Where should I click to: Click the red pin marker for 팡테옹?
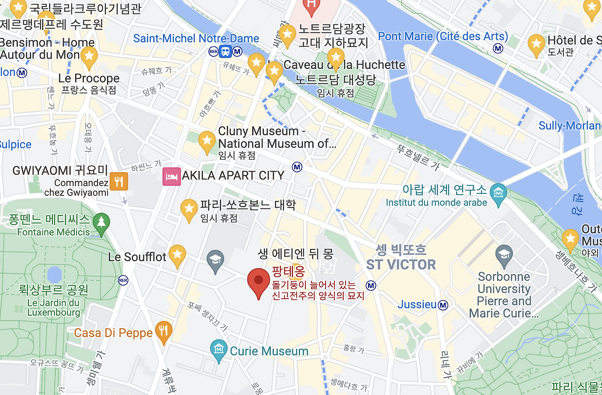[258, 281]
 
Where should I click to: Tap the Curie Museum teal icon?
[219, 350]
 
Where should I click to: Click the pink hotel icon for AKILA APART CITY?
[172, 176]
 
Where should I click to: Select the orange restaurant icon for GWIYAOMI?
[119, 181]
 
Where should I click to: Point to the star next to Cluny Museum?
[206, 141]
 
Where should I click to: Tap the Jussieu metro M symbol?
[443, 305]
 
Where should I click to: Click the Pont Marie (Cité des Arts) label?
[443, 37]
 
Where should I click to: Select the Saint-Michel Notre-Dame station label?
[196, 39]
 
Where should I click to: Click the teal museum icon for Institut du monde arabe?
[498, 192]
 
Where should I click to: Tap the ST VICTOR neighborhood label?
[401, 264]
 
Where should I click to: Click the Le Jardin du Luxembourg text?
[53, 308]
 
